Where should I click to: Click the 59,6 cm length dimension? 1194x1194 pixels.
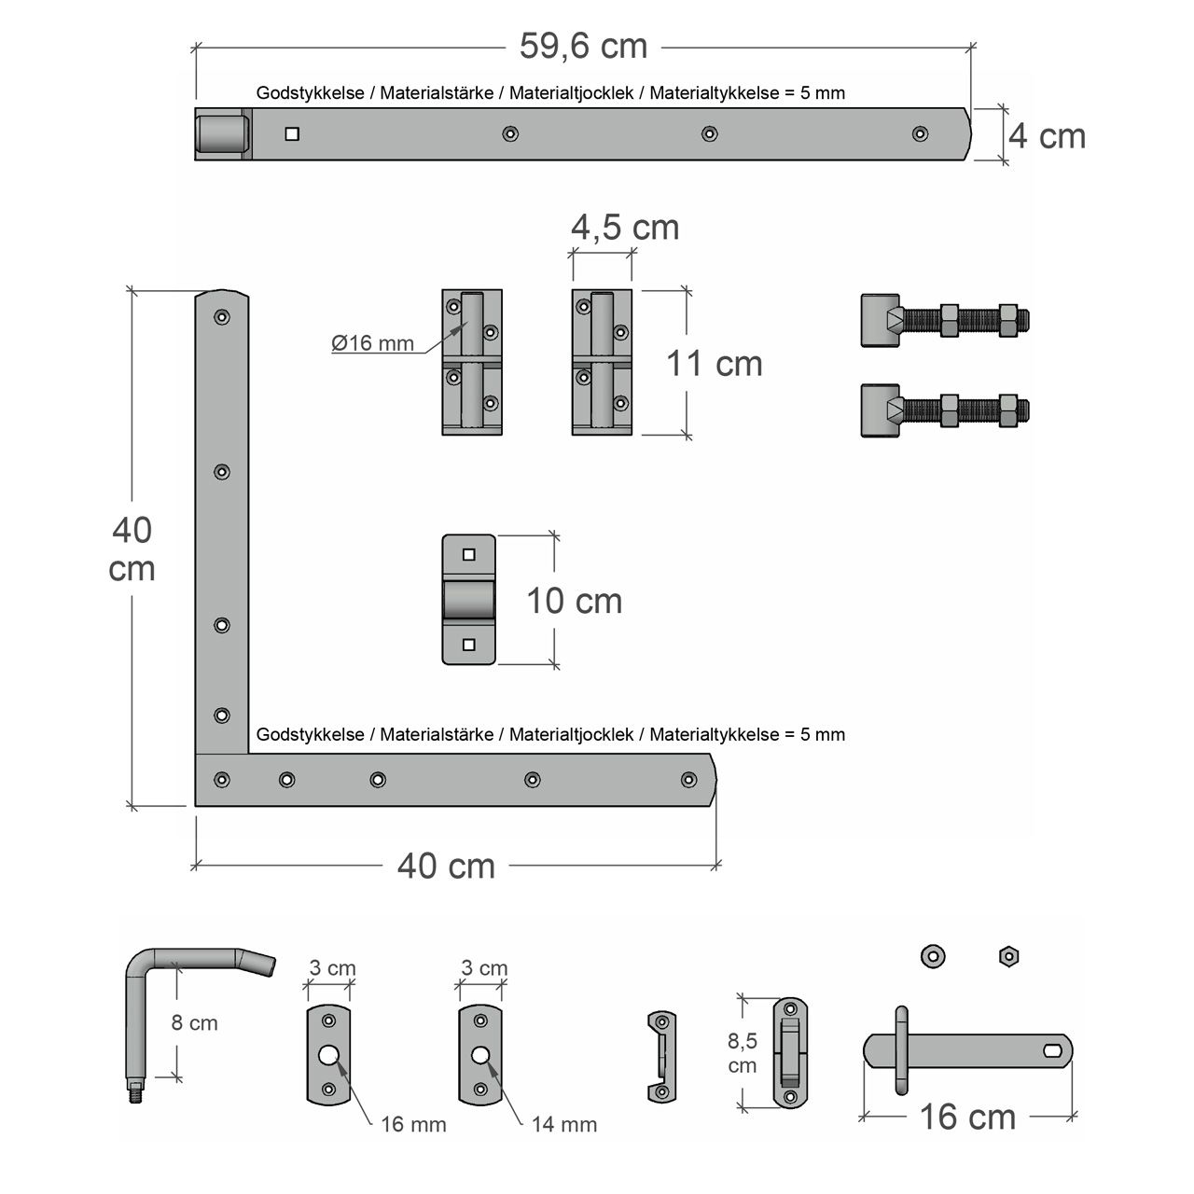(x=583, y=47)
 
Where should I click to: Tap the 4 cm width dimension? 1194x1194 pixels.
(x=1047, y=136)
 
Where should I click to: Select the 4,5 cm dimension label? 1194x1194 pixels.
(x=625, y=228)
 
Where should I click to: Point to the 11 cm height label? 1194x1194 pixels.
(x=714, y=363)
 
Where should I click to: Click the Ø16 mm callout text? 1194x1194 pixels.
(x=372, y=342)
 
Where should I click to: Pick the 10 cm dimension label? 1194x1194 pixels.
(x=574, y=601)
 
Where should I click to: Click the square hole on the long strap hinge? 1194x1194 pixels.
(x=292, y=133)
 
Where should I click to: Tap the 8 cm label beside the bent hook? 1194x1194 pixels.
(x=194, y=1022)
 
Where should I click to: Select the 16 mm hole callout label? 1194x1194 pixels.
(x=413, y=1124)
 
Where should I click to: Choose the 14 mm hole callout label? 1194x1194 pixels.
(x=564, y=1124)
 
